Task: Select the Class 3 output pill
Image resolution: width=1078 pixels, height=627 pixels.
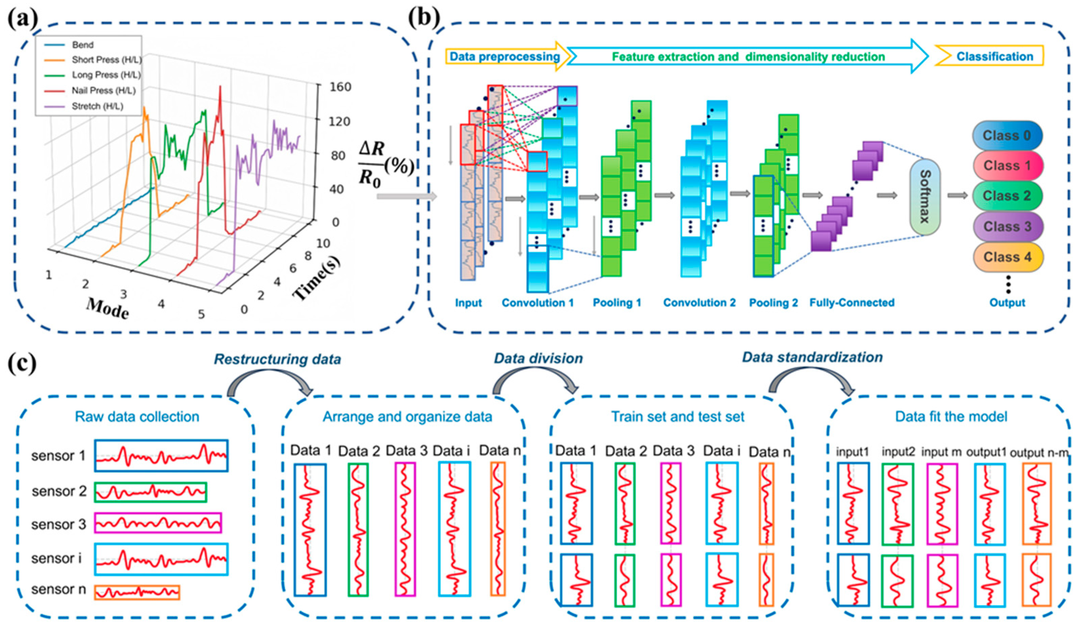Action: (1007, 226)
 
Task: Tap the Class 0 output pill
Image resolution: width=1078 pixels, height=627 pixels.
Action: (1007, 136)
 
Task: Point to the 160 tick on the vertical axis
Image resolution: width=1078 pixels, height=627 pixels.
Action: (340, 87)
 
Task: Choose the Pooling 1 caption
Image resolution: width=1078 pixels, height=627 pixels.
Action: (617, 303)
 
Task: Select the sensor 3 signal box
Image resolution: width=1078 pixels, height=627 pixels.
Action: (158, 523)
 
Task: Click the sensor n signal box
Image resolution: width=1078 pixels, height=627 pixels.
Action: (137, 592)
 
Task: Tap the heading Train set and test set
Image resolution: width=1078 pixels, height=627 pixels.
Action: (678, 417)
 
